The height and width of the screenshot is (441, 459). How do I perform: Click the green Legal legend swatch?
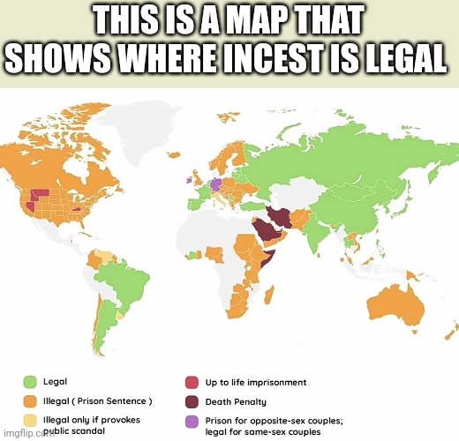(x=29, y=382)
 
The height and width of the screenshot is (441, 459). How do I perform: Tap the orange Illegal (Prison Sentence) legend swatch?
(x=29, y=401)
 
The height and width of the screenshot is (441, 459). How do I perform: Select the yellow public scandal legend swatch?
(x=29, y=421)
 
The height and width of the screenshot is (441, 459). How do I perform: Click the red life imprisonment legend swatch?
(x=192, y=382)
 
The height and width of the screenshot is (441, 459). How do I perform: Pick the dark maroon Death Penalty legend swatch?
(x=192, y=401)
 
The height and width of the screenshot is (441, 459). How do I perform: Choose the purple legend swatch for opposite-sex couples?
(x=192, y=422)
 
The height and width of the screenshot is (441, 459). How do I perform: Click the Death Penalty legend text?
(x=237, y=401)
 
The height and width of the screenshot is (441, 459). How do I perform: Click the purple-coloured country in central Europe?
(x=215, y=183)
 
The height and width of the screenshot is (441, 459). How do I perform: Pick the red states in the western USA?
(x=38, y=196)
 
